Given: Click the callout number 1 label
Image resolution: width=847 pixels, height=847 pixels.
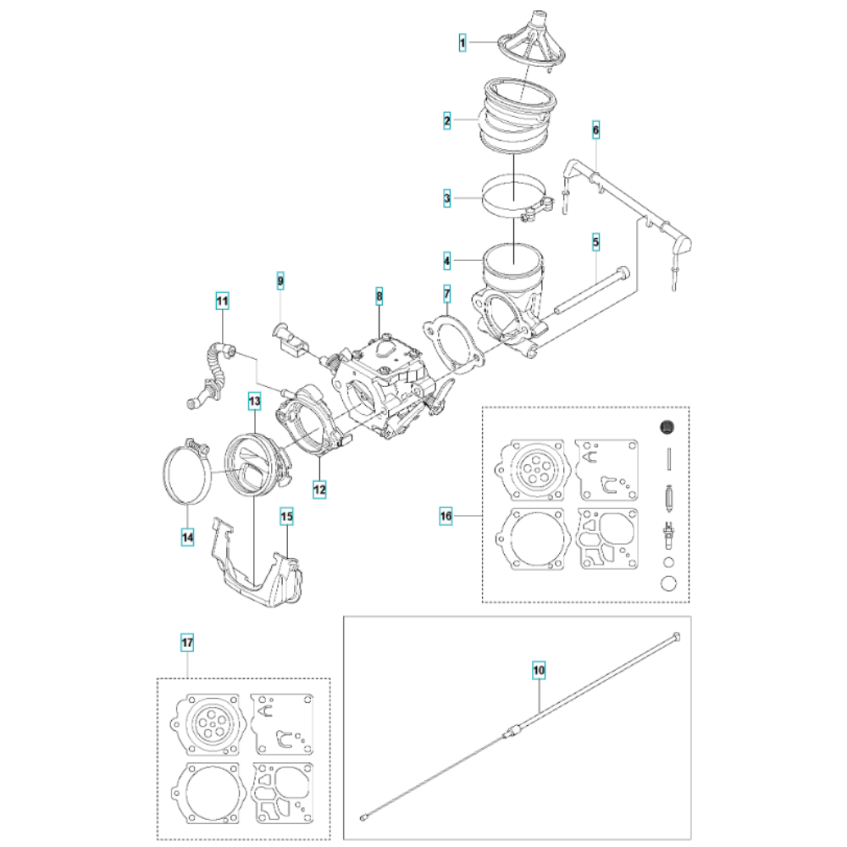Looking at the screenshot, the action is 462,42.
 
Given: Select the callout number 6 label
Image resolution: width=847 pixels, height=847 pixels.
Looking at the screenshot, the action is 595,130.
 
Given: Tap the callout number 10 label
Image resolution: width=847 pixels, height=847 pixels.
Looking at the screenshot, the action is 539,670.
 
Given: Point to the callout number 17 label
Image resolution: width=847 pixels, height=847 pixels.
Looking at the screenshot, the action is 187,643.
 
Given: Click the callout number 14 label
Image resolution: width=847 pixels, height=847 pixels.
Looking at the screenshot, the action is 187,538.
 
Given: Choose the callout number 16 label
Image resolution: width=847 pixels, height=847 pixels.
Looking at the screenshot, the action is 446,516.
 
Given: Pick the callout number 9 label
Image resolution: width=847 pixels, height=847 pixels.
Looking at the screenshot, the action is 280,281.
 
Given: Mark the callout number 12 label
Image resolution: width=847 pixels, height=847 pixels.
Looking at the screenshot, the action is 320,490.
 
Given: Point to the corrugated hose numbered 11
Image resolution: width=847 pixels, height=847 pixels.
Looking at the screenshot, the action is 213,373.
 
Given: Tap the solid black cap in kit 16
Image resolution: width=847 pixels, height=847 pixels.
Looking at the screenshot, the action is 667,427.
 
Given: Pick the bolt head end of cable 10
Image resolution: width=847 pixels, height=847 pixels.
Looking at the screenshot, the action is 676,636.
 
